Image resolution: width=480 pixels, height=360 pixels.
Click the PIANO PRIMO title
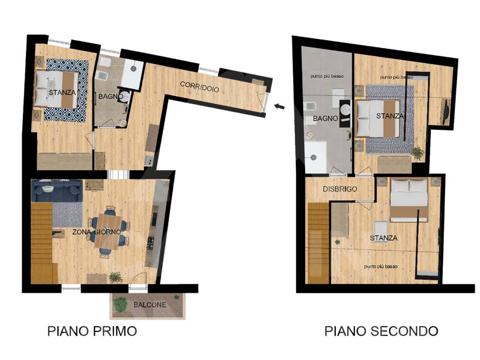point(92,331)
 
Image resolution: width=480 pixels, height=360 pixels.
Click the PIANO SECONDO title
point(381,331)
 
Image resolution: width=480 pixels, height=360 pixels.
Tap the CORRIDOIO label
point(199,87)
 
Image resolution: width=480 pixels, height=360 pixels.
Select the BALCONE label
point(149,305)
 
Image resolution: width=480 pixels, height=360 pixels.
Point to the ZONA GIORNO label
point(97,232)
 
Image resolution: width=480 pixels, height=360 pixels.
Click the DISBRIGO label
point(340,189)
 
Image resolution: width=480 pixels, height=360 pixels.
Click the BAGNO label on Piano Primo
point(110,97)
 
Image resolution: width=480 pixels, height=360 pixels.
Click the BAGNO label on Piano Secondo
point(326,119)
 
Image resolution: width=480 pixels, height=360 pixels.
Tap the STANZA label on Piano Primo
point(62,92)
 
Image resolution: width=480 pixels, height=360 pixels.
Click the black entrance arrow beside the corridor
point(279,106)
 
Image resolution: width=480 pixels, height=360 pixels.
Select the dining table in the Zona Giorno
point(107,232)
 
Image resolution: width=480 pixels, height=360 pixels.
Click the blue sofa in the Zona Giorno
point(57,190)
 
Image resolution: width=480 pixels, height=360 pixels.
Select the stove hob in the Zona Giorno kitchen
point(151,243)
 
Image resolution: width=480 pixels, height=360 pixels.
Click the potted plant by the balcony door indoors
point(115,277)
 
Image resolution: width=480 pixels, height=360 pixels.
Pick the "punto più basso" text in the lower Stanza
point(381,266)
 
